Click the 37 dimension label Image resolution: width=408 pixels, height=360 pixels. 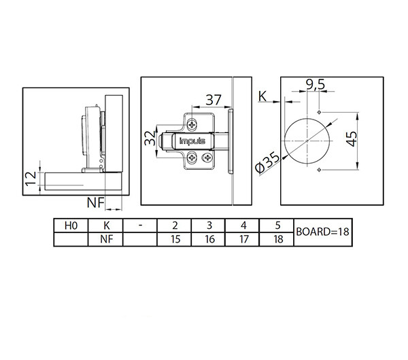214,100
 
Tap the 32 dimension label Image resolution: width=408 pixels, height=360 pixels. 150,139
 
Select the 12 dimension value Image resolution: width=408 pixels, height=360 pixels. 31,179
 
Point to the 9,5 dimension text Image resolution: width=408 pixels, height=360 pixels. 316,84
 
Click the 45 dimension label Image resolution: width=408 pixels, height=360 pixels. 352,139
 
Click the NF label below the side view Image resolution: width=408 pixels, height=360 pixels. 95,202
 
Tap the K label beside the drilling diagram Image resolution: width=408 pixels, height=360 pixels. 262,96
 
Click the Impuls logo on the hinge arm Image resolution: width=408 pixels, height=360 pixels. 192,141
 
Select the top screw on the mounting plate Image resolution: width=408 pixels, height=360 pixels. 192,124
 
